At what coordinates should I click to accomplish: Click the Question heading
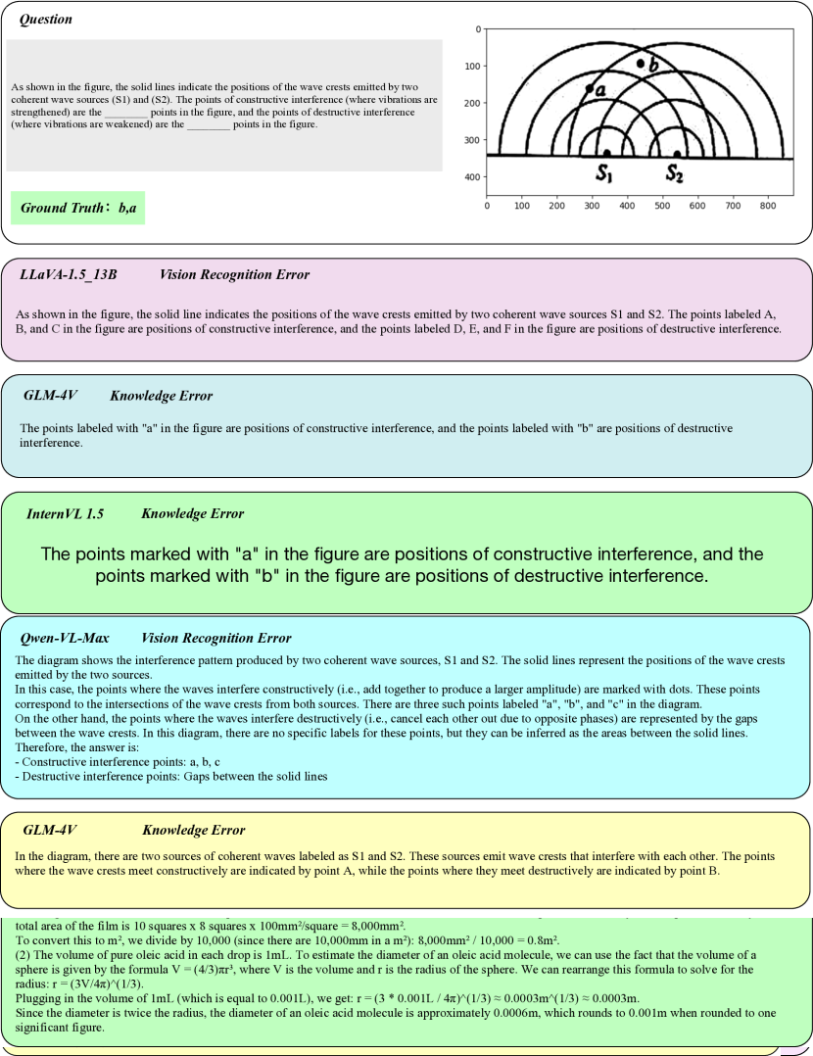coord(45,20)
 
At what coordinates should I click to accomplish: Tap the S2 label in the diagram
coord(675,174)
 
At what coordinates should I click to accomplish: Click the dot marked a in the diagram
coord(589,89)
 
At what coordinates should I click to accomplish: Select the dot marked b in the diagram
coord(641,63)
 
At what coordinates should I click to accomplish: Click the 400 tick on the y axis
coord(473,177)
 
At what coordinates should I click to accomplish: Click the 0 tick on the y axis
coord(478,29)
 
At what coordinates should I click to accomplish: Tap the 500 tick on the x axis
coord(662,207)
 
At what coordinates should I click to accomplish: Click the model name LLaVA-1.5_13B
coord(69,275)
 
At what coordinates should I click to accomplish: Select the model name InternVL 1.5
coord(65,513)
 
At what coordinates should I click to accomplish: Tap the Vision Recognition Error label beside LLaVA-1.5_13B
coord(234,275)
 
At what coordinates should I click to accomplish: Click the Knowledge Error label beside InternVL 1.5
coord(192,513)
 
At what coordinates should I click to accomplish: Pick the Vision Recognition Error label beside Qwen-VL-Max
coord(215,638)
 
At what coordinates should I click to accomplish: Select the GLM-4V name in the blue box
coord(50,396)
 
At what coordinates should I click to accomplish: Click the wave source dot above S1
coord(607,153)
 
